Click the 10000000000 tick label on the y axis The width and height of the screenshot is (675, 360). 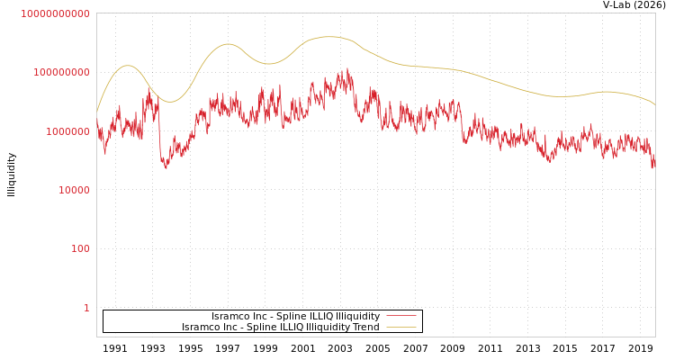55,13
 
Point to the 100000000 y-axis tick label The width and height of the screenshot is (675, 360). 61,72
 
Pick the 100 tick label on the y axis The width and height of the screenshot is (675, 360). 80,248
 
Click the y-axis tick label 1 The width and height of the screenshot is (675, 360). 86,308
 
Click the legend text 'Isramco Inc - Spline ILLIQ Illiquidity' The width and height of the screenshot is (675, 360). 295,317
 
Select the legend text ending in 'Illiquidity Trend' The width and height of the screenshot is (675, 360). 280,328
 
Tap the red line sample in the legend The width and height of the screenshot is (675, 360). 401,317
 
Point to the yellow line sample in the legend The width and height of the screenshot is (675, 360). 401,328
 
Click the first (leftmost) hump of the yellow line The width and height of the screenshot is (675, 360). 127,66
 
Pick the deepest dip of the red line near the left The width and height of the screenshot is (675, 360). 166,167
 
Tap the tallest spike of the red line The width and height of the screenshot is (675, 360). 348,68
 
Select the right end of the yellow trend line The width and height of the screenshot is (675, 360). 655,105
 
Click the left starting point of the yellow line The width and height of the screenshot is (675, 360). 97,111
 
